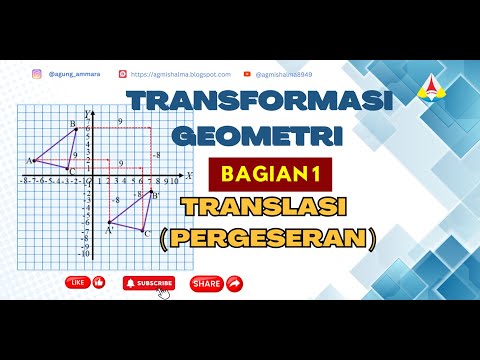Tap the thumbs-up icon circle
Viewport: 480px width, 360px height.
99,283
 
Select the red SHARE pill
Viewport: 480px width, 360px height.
206,284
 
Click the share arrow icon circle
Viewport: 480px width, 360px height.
235,284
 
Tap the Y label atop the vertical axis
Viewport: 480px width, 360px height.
88,112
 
